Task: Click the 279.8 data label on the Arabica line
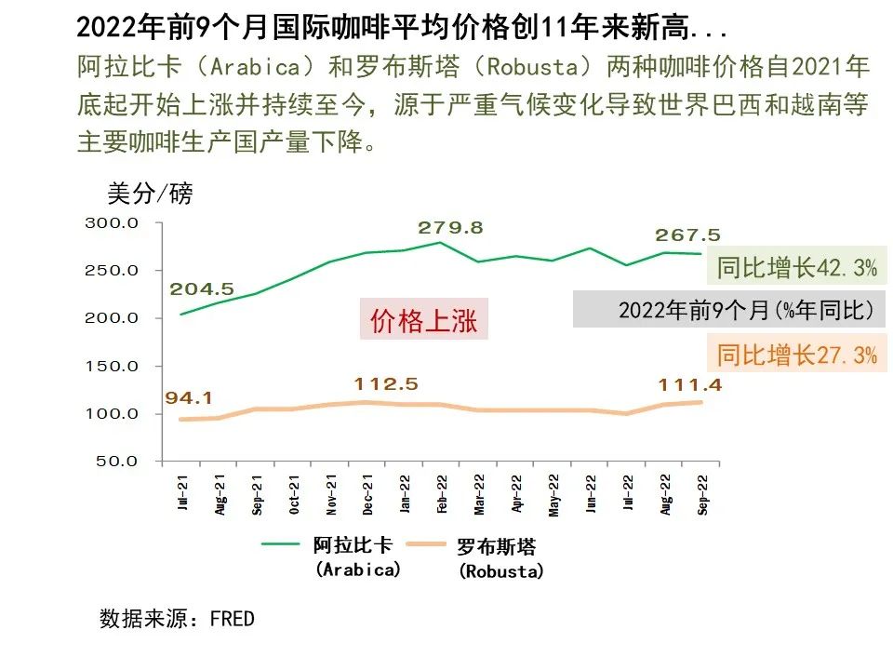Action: [450, 228]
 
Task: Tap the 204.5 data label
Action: [202, 289]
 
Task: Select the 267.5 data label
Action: [687, 235]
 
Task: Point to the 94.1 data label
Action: [189, 398]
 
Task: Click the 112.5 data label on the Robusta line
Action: [386, 384]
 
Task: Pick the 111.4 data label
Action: [690, 384]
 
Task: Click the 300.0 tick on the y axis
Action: [112, 223]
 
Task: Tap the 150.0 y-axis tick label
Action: [112, 366]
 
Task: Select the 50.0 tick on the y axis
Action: [115, 461]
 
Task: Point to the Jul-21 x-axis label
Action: [183, 493]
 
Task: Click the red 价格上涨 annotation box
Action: [423, 321]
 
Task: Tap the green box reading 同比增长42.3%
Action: [796, 268]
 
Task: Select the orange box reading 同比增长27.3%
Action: [796, 355]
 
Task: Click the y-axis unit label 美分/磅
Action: [151, 194]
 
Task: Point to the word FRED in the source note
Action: [232, 619]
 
